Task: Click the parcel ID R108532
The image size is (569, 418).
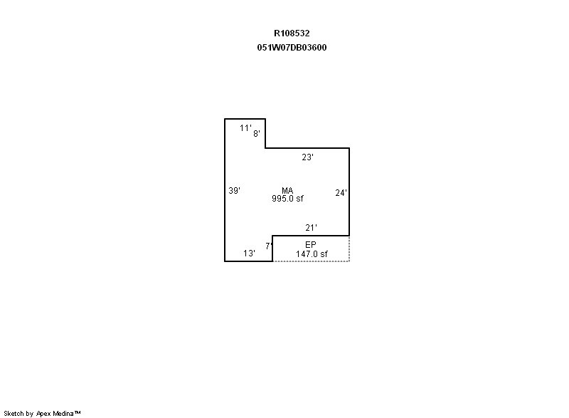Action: click(292, 33)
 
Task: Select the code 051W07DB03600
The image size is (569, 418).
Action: click(292, 48)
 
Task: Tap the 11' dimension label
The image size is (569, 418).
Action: click(245, 128)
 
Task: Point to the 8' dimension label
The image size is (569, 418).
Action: click(257, 134)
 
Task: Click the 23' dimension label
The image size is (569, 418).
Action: click(308, 157)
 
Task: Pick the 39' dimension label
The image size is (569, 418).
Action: click(235, 191)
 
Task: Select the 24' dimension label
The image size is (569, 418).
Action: click(341, 193)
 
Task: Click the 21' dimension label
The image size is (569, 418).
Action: click(311, 228)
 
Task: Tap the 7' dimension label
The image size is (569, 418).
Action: click(269, 246)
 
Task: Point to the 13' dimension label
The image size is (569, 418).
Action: click(250, 253)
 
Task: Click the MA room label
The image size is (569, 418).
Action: click(287, 190)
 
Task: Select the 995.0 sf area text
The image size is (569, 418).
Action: click(288, 199)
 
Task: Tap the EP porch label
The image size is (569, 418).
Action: click(311, 245)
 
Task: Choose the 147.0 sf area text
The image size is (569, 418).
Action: click(312, 254)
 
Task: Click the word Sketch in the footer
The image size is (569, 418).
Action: click(14, 413)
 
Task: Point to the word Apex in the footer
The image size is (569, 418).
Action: click(44, 414)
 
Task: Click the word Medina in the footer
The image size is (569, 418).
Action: click(63, 413)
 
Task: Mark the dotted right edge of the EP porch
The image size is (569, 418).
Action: click(349, 249)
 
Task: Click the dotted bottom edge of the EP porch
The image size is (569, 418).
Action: click(311, 261)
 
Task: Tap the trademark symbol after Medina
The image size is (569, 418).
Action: click(78, 412)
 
